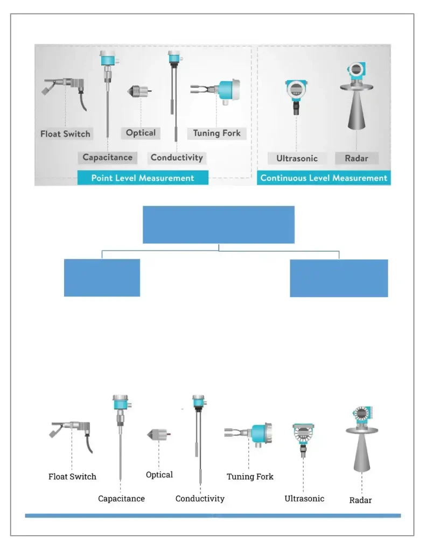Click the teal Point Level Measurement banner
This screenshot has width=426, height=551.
(143, 178)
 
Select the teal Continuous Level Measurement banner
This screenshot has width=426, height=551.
(324, 178)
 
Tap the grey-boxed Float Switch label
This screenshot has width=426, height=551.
(66, 134)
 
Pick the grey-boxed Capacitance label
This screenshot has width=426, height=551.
(107, 158)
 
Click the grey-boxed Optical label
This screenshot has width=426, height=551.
(141, 133)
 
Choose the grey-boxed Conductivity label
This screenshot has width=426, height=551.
(177, 158)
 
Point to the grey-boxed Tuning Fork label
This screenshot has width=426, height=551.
(217, 133)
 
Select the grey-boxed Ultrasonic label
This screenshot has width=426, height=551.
(297, 158)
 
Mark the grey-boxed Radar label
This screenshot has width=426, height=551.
(357, 158)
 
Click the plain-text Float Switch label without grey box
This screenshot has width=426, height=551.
(72, 477)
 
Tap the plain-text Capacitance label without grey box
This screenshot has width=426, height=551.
(121, 499)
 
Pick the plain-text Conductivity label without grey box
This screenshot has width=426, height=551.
(200, 499)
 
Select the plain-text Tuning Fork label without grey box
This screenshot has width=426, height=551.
(250, 477)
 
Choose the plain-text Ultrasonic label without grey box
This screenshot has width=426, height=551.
(304, 499)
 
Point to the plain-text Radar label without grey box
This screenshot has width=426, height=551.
(360, 500)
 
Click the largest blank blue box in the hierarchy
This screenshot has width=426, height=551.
(218, 224)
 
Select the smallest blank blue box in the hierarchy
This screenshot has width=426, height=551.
(102, 278)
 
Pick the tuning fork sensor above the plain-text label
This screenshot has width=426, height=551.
(249, 432)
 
